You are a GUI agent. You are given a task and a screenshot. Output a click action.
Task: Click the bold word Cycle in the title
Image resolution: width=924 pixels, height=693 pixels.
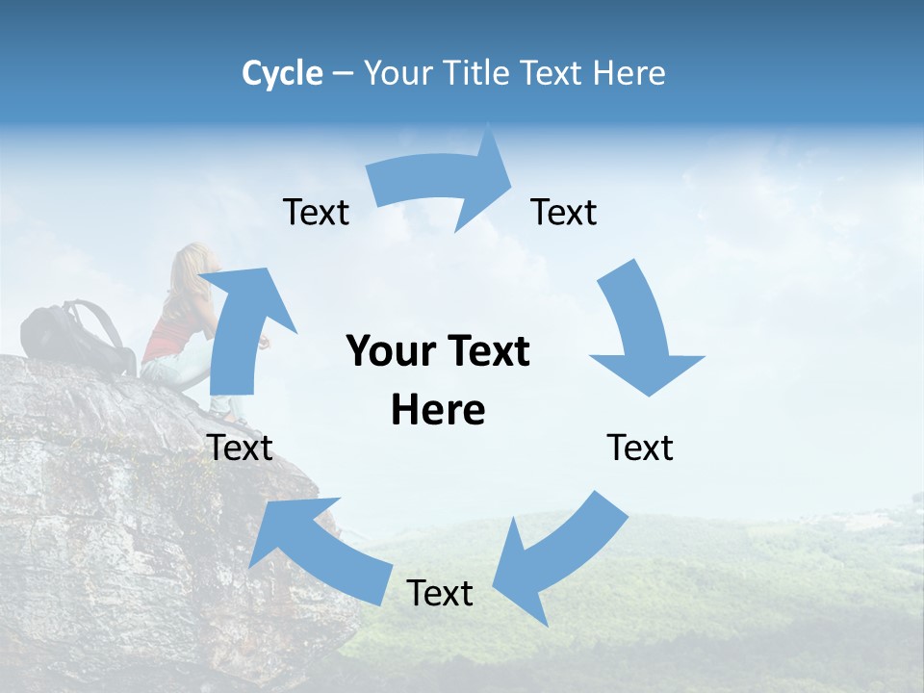pos(282,73)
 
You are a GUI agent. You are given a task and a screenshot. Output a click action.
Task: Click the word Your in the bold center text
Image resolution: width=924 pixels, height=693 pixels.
pos(391,351)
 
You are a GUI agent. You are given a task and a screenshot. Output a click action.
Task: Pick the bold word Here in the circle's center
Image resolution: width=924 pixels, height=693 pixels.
pos(438,411)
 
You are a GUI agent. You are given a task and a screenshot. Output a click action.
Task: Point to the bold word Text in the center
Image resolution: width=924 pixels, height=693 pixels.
pos(486,351)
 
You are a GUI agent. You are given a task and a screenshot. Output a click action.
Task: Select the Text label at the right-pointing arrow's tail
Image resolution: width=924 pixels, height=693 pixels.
pos(316,212)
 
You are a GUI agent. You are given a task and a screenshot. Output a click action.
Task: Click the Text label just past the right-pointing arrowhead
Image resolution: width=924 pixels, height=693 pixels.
pos(564,212)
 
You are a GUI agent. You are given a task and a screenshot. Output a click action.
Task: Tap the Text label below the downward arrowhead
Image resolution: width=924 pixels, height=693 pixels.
pos(640,448)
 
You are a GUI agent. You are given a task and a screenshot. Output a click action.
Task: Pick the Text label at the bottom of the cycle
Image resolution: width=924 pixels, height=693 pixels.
pos(440,593)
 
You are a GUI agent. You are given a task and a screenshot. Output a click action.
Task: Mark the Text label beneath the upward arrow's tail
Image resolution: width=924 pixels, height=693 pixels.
pos(240,448)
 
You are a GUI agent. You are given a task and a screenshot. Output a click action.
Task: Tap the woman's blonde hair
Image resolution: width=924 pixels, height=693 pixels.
pos(190,269)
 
